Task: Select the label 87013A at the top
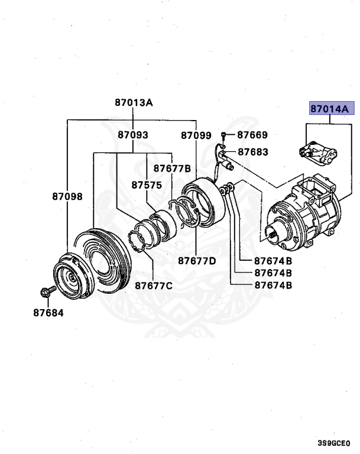(134, 102)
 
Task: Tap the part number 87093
(133, 135)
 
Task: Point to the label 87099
(196, 135)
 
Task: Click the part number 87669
(252, 135)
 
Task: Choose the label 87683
(253, 152)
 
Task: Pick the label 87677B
(172, 168)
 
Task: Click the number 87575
(147, 185)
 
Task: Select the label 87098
(67, 197)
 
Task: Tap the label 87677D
(197, 261)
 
